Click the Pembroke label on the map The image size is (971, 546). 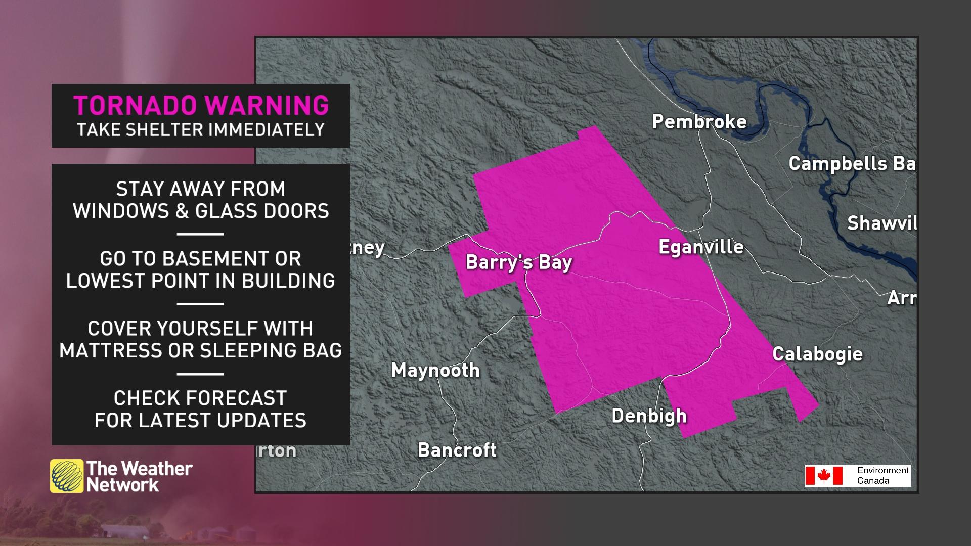tap(699, 122)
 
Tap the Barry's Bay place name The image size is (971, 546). tap(518, 262)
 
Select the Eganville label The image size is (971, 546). tap(701, 247)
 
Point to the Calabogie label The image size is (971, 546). tap(817, 354)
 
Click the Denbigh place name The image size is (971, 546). tap(649, 416)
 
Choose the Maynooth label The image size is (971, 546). tap(435, 371)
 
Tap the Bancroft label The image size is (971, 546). tap(457, 450)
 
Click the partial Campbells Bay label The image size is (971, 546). tap(852, 164)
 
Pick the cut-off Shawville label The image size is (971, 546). tap(881, 223)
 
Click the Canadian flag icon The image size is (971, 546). tap(824, 476)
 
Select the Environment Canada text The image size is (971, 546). tap(882, 475)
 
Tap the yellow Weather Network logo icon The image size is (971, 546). tap(66, 476)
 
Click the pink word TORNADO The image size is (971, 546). tap(135, 106)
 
